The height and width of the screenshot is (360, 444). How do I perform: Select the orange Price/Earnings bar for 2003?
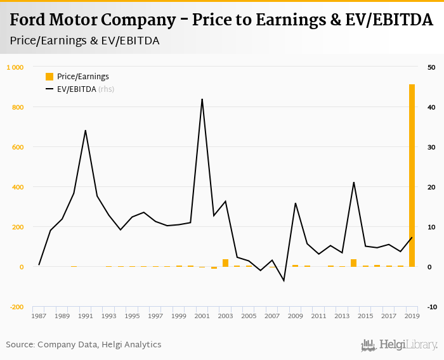pos(225,263)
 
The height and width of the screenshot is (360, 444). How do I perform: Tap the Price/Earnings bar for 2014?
pos(353,263)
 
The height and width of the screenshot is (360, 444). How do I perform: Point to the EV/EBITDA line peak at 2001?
pos(202,100)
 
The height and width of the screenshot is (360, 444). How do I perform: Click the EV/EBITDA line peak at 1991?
pos(86,131)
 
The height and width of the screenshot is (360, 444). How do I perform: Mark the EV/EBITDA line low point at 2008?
pos(284,280)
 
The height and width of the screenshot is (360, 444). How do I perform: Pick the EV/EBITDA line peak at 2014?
pos(353,183)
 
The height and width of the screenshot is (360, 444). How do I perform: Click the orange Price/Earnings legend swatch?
pos(49,77)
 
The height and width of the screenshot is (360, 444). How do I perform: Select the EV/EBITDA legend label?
pos(76,89)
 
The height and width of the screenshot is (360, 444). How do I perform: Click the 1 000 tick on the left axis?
pos(15,67)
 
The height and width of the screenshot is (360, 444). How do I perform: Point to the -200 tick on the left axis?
pos(15,307)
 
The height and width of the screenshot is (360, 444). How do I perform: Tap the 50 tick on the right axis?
pos(431,67)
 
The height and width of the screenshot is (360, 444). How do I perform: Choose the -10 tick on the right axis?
pos(431,307)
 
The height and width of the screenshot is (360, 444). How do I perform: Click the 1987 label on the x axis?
pos(39,316)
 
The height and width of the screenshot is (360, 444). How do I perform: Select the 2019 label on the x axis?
pos(412,316)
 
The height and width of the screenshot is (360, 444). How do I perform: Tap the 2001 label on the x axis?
pos(202,316)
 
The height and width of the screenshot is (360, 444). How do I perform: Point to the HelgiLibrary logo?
pos(399,345)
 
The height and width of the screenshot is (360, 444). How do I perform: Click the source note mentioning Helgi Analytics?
pos(84,344)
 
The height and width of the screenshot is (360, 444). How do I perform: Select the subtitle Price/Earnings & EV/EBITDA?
pos(84,41)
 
